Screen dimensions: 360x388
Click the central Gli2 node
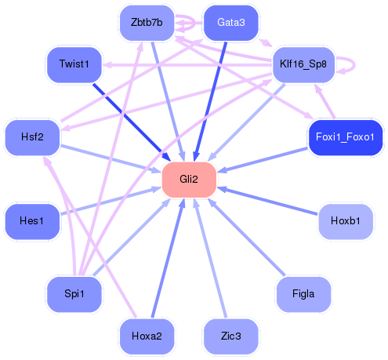pyautogui.click(x=188, y=180)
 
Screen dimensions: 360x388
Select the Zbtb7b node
pyautogui.click(x=147, y=23)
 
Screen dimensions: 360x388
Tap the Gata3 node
pyautogui.click(x=230, y=23)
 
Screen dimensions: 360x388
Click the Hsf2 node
pyautogui.click(x=32, y=137)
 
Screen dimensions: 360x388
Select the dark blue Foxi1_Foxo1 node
pyautogui.click(x=345, y=137)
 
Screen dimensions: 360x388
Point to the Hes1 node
pyautogui.click(x=32, y=222)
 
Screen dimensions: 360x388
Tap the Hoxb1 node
pyautogui.click(x=345, y=222)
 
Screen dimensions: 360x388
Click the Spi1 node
pyautogui.click(x=74, y=293)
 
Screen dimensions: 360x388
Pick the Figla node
pyautogui.click(x=303, y=293)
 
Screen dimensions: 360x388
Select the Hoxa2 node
pyautogui.click(x=147, y=336)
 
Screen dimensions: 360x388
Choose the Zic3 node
pyautogui.click(x=230, y=336)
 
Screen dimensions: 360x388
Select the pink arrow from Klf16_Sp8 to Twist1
pyautogui.click(x=188, y=66)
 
